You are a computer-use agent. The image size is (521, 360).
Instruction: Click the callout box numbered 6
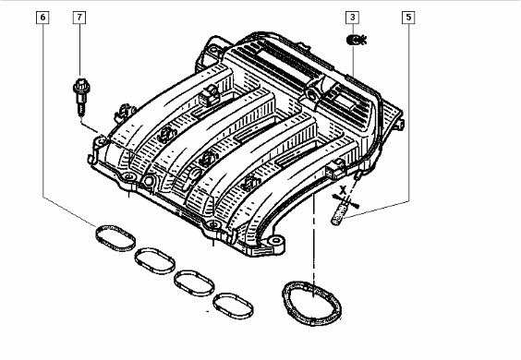42,18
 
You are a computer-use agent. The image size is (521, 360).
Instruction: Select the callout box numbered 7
79,18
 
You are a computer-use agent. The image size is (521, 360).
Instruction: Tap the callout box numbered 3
353,18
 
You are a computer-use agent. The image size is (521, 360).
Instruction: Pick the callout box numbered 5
408,18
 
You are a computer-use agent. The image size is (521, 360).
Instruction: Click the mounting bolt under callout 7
81,97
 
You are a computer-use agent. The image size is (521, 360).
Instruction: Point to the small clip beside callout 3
357,41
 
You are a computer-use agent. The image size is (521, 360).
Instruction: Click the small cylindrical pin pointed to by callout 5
339,214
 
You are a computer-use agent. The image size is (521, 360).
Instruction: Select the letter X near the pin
343,190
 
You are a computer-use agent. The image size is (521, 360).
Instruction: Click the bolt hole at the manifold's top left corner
213,51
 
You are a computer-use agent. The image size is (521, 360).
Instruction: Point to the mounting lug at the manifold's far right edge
399,125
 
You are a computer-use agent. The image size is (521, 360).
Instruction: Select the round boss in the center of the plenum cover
312,94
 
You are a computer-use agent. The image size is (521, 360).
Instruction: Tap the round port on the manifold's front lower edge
148,181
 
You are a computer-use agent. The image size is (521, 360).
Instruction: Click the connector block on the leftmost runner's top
210,95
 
